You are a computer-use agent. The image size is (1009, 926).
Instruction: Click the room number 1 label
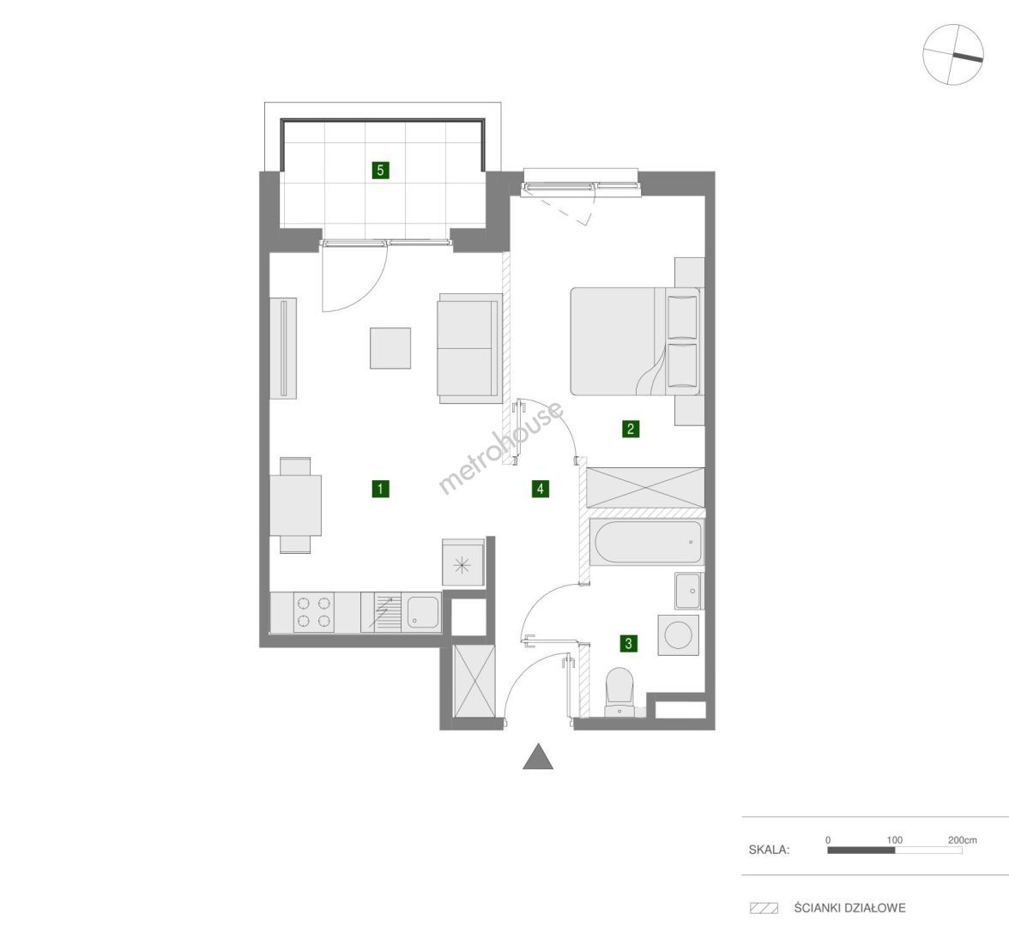click(x=380, y=489)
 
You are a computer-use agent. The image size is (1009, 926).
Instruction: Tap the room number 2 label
click(x=630, y=429)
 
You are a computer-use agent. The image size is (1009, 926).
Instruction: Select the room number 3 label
click(x=628, y=642)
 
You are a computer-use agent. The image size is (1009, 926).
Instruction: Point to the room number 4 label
click(x=541, y=489)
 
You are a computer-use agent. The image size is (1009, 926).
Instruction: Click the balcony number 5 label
click(x=381, y=171)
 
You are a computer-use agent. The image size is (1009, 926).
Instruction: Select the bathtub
click(x=647, y=542)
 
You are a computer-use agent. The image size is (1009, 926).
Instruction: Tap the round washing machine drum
click(x=678, y=634)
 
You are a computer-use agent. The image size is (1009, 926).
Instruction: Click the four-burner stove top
click(x=313, y=613)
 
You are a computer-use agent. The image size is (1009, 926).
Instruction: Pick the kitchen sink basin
click(x=422, y=613)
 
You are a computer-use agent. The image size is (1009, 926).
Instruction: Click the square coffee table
click(x=390, y=348)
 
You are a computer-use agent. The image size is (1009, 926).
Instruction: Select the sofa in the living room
click(x=469, y=348)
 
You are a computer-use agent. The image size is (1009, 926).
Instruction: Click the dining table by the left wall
click(x=295, y=505)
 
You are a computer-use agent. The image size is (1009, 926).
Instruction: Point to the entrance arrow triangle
click(x=538, y=756)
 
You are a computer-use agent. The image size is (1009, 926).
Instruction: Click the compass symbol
click(x=953, y=55)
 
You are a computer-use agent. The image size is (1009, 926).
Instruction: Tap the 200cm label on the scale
click(x=962, y=840)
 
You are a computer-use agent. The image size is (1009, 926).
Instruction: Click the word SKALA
click(x=769, y=850)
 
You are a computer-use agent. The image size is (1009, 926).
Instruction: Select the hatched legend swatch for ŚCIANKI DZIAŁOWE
click(x=764, y=908)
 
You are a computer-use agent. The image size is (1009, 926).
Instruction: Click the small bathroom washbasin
click(x=689, y=590)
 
